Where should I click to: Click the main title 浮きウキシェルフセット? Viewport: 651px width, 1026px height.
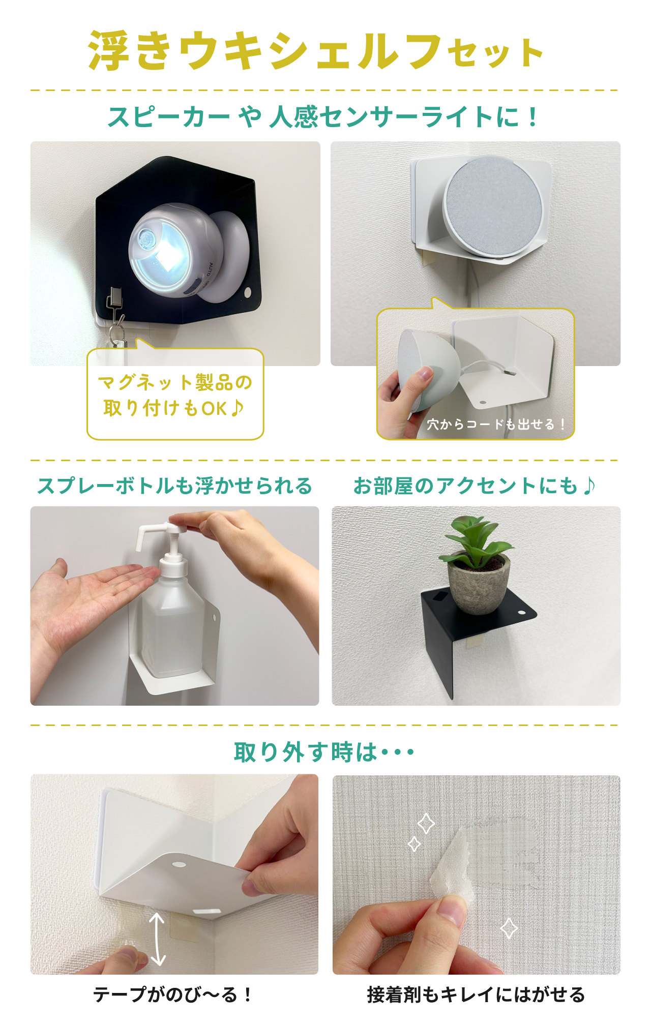click(x=315, y=51)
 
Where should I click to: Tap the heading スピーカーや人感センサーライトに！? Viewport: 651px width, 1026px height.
click(x=322, y=117)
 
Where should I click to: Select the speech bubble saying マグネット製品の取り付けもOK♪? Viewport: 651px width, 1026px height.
click(x=175, y=395)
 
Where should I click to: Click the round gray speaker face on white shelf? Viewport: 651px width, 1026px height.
click(x=492, y=206)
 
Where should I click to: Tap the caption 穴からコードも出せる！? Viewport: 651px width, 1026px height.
click(x=495, y=424)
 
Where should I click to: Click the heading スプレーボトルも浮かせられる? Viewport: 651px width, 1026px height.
click(x=174, y=486)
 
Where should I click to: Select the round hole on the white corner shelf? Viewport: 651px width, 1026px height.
click(x=179, y=864)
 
